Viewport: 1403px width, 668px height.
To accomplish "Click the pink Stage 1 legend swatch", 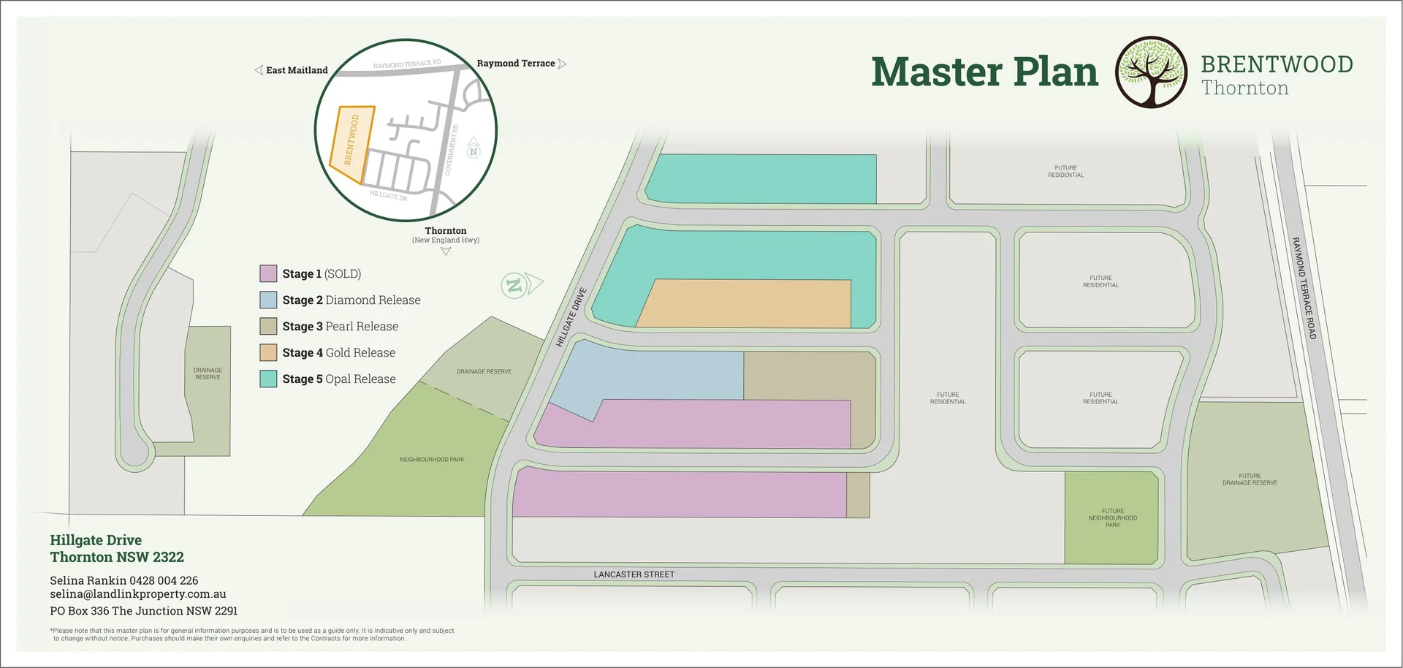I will click(268, 274).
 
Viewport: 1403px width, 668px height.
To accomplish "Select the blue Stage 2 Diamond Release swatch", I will click(268, 300).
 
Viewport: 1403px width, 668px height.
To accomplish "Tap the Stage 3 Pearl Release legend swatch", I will click(268, 327).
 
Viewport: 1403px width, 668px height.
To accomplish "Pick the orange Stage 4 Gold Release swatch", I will click(268, 353).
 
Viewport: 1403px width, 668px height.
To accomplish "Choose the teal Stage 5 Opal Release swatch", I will click(268, 379).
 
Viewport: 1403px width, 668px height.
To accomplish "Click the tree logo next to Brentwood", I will click(1151, 72).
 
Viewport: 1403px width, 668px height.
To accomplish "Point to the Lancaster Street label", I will click(634, 574).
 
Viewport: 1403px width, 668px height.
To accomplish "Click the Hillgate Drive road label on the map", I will click(571, 317).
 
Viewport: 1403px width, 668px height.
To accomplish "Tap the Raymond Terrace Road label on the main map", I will click(1304, 288).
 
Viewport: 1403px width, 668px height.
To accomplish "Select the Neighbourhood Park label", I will click(432, 460).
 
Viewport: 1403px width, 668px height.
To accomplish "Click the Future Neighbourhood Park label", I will click(1112, 517).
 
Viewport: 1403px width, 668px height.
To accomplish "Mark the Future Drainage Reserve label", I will click(1250, 479).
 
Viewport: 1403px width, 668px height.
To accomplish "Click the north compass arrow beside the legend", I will click(523, 284).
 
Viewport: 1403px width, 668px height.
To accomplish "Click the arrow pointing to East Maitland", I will click(259, 70).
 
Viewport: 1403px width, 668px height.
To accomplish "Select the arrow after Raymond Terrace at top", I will click(562, 64).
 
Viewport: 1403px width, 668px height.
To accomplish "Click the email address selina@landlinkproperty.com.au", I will click(138, 594).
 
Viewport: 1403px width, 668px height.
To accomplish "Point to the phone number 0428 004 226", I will click(164, 580).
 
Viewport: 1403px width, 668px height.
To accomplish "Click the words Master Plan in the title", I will click(984, 72).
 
